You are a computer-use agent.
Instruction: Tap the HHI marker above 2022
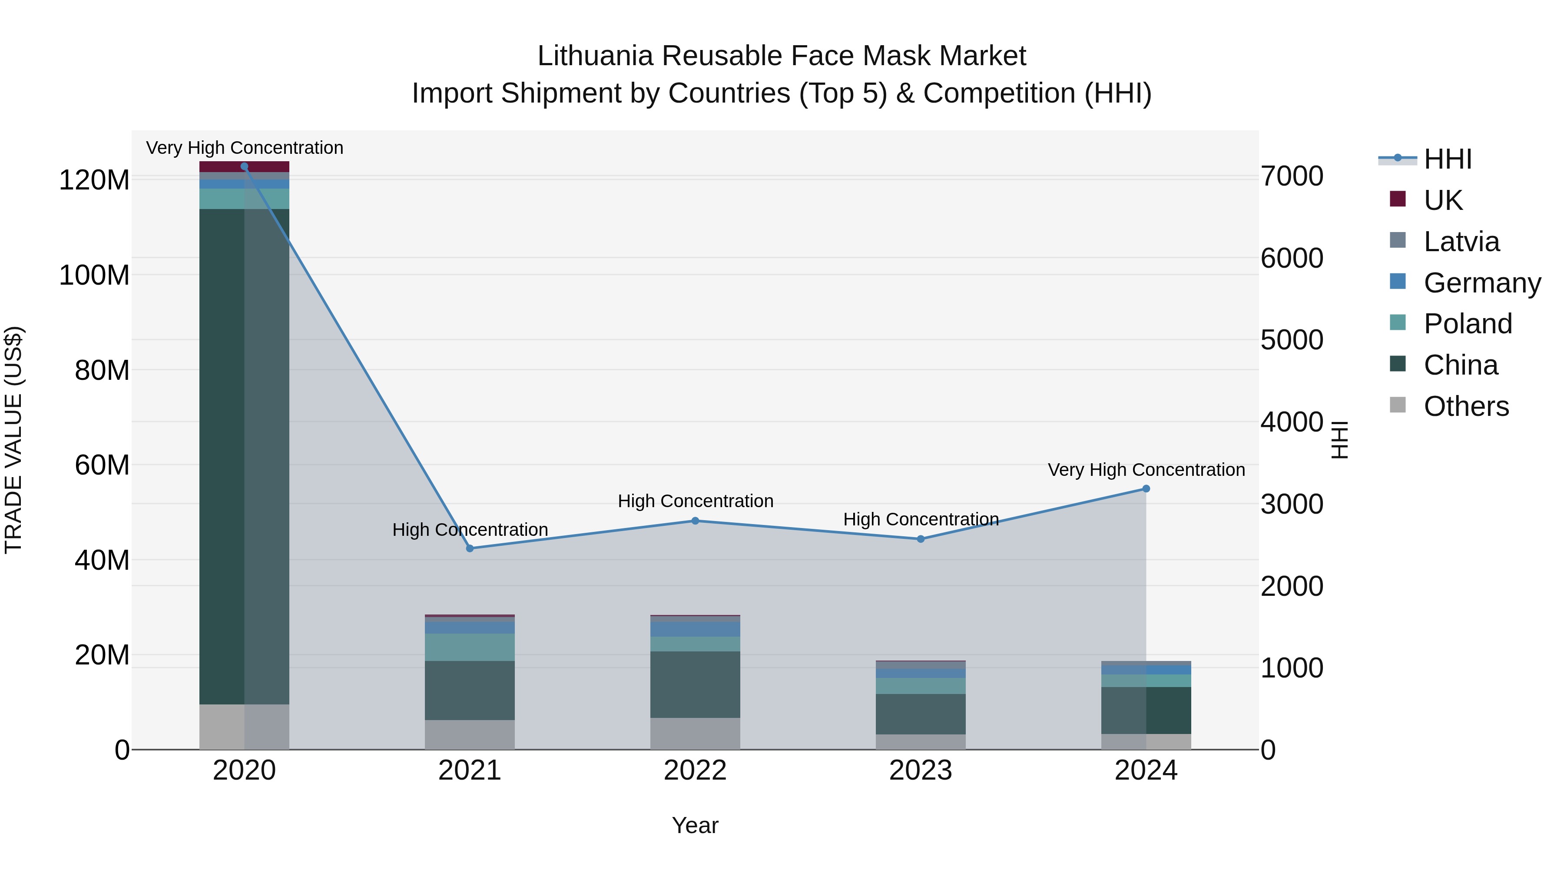click(695, 521)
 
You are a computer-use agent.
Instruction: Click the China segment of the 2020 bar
click(244, 455)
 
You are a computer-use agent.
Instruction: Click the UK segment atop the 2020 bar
click(244, 166)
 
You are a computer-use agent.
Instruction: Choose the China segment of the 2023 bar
click(921, 714)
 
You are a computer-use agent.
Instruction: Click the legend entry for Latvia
click(1461, 242)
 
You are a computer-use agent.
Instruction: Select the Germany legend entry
click(1481, 283)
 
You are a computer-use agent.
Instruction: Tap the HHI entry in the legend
click(1448, 159)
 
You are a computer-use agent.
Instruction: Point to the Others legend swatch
click(1398, 405)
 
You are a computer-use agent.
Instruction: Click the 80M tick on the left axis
click(102, 370)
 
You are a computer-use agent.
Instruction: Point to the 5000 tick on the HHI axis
click(1292, 340)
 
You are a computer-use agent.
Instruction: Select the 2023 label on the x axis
click(921, 770)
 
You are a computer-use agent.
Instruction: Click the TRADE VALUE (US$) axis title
click(13, 440)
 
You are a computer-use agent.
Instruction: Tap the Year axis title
click(695, 825)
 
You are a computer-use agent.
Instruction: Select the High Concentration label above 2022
click(695, 501)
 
